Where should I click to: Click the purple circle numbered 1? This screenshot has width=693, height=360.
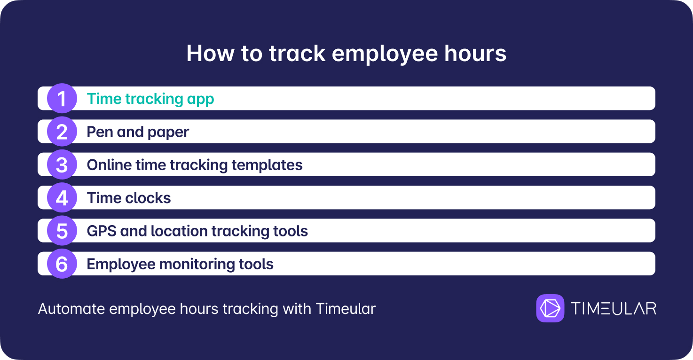click(x=62, y=98)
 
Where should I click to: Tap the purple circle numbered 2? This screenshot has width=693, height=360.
click(x=62, y=132)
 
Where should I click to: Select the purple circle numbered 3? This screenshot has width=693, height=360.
click(x=62, y=164)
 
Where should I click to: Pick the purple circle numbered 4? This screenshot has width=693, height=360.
click(x=62, y=198)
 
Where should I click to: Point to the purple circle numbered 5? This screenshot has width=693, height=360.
click(x=62, y=231)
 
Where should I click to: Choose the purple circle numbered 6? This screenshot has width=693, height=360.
click(x=62, y=264)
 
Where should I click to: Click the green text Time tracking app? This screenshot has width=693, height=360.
click(x=150, y=99)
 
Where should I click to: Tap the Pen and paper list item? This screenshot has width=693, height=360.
click(x=138, y=132)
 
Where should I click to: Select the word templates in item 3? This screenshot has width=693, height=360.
click(x=267, y=165)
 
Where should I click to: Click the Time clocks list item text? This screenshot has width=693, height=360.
click(x=129, y=198)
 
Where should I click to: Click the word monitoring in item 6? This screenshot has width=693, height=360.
click(x=197, y=265)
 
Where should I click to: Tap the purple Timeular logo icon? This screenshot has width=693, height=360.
click(x=550, y=308)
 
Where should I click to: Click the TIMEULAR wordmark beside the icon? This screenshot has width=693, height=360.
click(x=614, y=309)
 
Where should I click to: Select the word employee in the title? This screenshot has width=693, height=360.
click(x=385, y=55)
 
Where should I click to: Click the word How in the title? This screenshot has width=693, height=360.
click(x=210, y=54)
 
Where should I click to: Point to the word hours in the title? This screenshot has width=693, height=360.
click(x=475, y=54)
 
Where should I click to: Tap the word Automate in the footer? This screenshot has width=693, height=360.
click(x=71, y=309)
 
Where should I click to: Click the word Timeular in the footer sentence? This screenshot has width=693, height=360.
click(x=346, y=309)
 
